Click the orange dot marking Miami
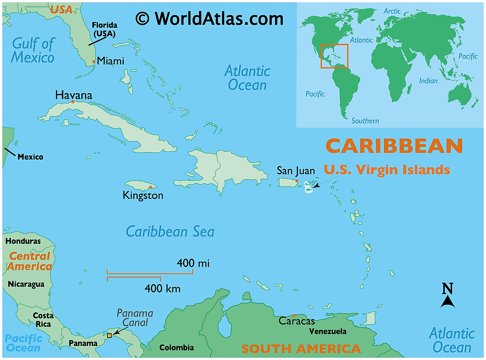pyautogui.click(x=94, y=62)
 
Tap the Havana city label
pyautogui.click(x=74, y=95)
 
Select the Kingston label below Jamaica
pyautogui.click(x=143, y=195)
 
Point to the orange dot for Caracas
pyautogui.click(x=293, y=315)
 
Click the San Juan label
pyautogui.click(x=296, y=171)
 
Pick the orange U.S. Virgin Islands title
pyautogui.click(x=387, y=170)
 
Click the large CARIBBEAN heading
pyautogui.click(x=394, y=146)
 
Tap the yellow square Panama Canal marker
pyautogui.click(x=109, y=335)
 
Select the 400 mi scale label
pyautogui.click(x=193, y=263)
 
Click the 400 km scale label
pyautogui.click(x=162, y=288)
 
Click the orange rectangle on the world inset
pyautogui.click(x=334, y=56)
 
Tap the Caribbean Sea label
pyautogui.click(x=170, y=231)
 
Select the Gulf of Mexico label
pyautogui.click(x=33, y=50)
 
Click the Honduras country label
pyautogui.click(x=23, y=241)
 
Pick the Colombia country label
pyautogui.click(x=176, y=347)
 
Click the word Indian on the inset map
pyautogui.click(x=428, y=81)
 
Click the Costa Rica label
pyautogui.click(x=43, y=320)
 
